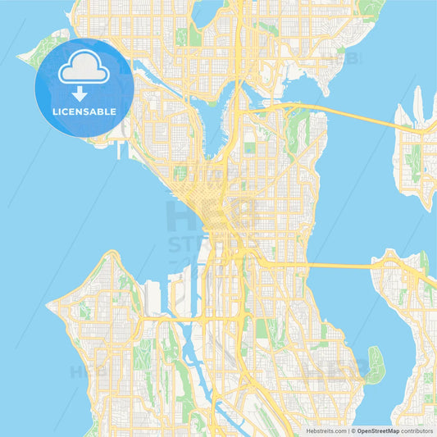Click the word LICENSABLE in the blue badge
[85, 111]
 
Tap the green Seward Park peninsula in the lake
[375, 364]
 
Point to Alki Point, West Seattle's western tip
[51, 304]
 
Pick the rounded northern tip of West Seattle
[107, 257]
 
